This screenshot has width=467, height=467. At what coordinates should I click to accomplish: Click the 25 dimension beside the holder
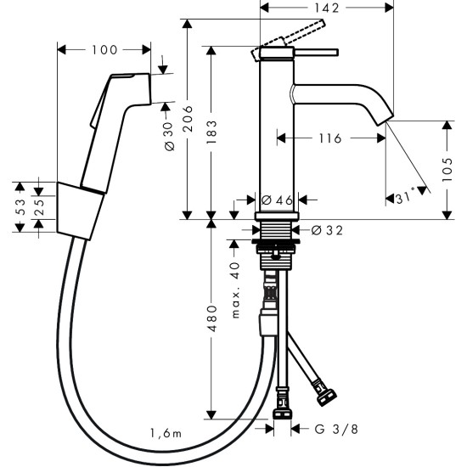pos(39,206)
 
